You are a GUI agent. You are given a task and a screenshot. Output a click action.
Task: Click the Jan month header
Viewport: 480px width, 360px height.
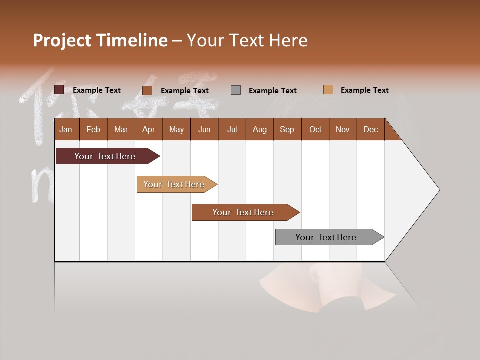tap(66, 129)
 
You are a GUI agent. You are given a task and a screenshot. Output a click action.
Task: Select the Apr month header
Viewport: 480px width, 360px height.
tap(148, 129)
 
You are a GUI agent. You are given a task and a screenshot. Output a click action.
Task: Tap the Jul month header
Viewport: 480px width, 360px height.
tap(232, 129)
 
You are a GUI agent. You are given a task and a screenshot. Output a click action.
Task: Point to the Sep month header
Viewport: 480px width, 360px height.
tap(287, 129)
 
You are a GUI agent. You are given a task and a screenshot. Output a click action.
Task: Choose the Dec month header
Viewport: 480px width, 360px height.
tap(370, 129)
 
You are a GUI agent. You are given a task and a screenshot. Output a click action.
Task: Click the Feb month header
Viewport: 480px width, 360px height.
tap(93, 129)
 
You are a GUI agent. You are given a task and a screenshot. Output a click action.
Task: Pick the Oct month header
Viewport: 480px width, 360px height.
tap(315, 129)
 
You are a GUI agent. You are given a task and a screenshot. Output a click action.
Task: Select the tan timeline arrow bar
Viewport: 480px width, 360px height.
tap(175, 184)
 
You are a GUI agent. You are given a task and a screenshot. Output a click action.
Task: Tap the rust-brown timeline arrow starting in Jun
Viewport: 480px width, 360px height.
tap(244, 212)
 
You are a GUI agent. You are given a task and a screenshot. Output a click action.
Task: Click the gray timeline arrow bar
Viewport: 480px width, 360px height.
tap(327, 237)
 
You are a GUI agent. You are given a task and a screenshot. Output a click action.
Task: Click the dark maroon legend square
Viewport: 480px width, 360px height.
tap(59, 90)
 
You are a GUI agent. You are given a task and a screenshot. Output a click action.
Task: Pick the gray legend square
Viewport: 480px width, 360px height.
tap(236, 90)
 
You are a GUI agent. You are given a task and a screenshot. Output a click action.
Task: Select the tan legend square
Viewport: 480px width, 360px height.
tap(328, 90)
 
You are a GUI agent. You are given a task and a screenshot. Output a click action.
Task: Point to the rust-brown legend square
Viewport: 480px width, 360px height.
tap(147, 90)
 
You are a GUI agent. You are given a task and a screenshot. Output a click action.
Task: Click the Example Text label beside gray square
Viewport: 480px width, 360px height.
tap(272, 91)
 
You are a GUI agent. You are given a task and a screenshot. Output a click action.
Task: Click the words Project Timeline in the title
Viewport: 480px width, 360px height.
tap(100, 40)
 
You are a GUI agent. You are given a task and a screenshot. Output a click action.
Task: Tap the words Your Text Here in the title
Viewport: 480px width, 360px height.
tap(247, 40)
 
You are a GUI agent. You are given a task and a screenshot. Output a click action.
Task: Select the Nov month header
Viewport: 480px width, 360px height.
tap(343, 129)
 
